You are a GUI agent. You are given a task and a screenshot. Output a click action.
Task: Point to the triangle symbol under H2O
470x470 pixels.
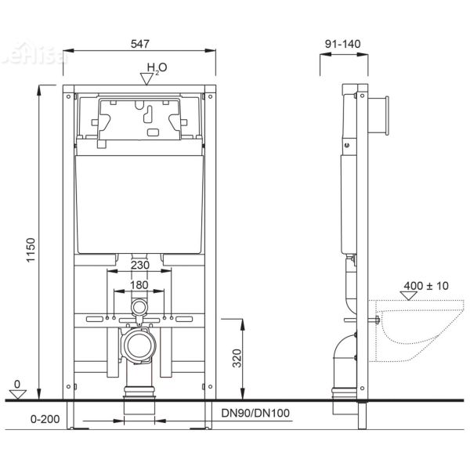pyautogui.click(x=146, y=77)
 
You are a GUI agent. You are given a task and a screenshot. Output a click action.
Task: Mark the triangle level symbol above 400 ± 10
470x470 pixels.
pyautogui.click(x=409, y=295)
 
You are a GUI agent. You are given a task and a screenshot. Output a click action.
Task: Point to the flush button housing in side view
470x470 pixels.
pyautogui.click(x=381, y=114)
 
